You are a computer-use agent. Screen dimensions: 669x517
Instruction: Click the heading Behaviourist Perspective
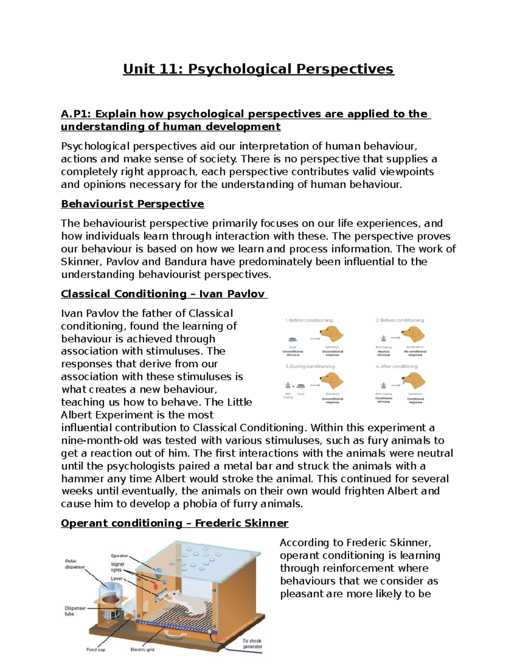pyautogui.click(x=132, y=204)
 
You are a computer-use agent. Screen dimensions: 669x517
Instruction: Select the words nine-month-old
pyautogui.click(x=100, y=440)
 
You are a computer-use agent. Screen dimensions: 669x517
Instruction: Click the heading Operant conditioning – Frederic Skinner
pyautogui.click(x=174, y=523)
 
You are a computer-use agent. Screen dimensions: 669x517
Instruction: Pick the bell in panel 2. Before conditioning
pyautogui.click(x=383, y=338)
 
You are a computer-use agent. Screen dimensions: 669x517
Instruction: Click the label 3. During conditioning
pyautogui.click(x=310, y=366)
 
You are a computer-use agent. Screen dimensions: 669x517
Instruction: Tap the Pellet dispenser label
pyautogui.click(x=75, y=564)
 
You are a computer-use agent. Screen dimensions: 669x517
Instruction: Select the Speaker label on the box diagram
pyautogui.click(x=119, y=556)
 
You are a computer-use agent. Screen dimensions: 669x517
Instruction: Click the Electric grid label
pyautogui.click(x=142, y=649)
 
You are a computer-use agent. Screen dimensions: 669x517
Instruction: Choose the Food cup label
pyautogui.click(x=96, y=649)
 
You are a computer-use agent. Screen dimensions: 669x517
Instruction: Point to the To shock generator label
pyautogui.click(x=252, y=644)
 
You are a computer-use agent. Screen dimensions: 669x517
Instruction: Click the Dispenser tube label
pyautogui.click(x=75, y=611)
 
